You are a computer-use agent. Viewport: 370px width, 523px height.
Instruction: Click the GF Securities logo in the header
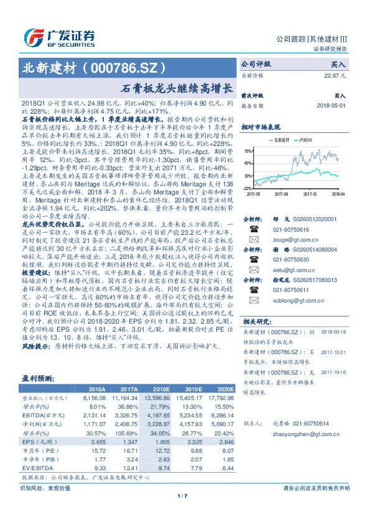click(59, 35)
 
